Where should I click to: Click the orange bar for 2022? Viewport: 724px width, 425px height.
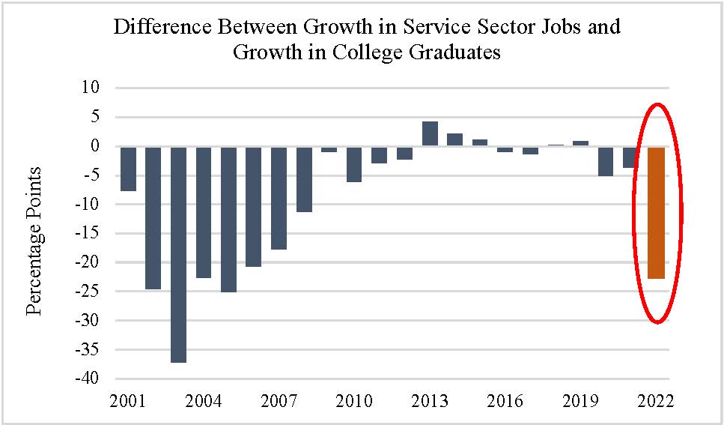point(657,213)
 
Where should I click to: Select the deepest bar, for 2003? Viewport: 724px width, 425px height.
point(179,254)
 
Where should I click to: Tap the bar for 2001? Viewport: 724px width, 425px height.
point(128,169)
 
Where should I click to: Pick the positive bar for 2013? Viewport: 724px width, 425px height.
point(430,134)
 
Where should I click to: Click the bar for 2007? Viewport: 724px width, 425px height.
point(279,198)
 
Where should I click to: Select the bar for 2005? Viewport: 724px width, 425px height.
point(229,219)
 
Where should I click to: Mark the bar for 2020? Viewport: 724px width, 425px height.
point(606,161)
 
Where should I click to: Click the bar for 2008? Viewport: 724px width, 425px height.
point(304,179)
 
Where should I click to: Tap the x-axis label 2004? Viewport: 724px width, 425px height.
point(204,400)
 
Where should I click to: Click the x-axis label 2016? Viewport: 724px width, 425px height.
point(505,400)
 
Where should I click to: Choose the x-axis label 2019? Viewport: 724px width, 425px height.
point(581,400)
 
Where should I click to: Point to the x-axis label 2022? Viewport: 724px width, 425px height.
point(657,400)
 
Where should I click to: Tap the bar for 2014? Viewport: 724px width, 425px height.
point(455,139)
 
